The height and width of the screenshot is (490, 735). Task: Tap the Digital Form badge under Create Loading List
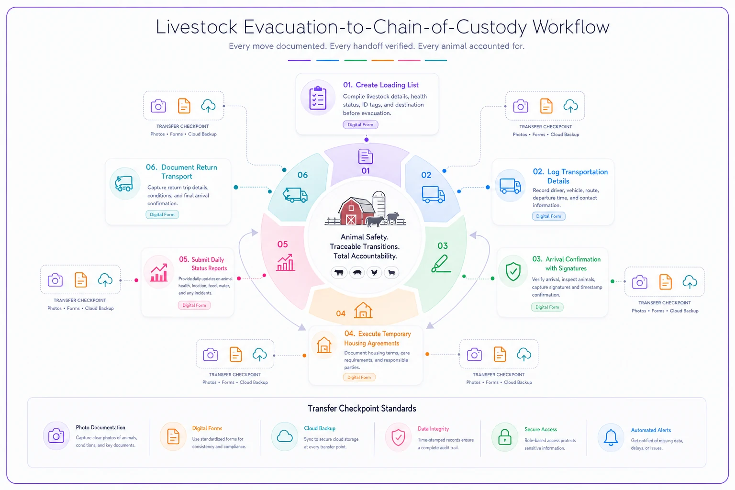click(360, 125)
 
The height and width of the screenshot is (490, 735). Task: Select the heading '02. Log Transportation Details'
click(570, 176)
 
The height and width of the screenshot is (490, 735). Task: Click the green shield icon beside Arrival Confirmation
click(513, 271)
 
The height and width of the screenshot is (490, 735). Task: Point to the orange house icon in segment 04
click(363, 310)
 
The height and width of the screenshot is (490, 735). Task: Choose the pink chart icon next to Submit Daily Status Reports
click(159, 272)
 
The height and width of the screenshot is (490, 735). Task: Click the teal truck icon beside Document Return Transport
click(124, 183)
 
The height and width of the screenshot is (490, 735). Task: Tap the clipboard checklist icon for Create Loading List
click(318, 98)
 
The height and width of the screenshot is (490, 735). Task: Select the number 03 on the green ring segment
click(442, 245)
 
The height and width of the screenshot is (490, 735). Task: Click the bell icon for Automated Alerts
click(611, 437)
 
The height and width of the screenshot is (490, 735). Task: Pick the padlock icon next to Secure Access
click(505, 437)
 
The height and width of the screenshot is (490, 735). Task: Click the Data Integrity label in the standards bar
click(433, 429)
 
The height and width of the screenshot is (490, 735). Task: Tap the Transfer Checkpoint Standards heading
click(362, 408)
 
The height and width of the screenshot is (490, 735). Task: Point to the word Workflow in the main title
click(570, 27)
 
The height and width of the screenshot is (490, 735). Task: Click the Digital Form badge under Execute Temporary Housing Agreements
click(359, 377)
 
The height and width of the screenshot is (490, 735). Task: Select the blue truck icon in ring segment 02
click(433, 194)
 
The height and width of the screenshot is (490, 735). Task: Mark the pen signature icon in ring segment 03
click(441, 264)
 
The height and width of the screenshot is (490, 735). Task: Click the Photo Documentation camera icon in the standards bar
click(56, 436)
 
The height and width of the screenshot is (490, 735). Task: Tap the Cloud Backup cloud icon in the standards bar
click(285, 436)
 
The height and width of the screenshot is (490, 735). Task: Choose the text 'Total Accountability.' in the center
click(365, 256)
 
